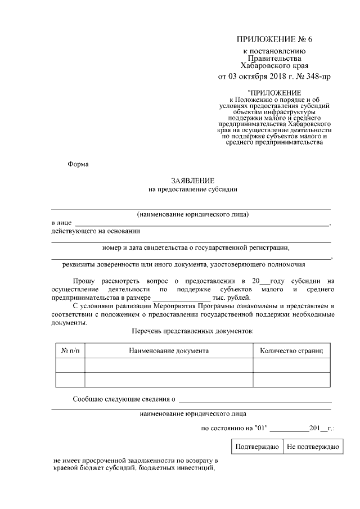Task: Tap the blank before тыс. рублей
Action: tap(181, 298)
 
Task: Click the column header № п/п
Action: tap(70, 350)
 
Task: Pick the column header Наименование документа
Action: tap(169, 350)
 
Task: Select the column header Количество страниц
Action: tap(291, 350)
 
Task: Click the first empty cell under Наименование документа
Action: tap(169, 366)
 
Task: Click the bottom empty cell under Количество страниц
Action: tap(291, 380)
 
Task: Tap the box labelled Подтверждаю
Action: tap(257, 447)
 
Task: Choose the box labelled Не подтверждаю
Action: tap(312, 447)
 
